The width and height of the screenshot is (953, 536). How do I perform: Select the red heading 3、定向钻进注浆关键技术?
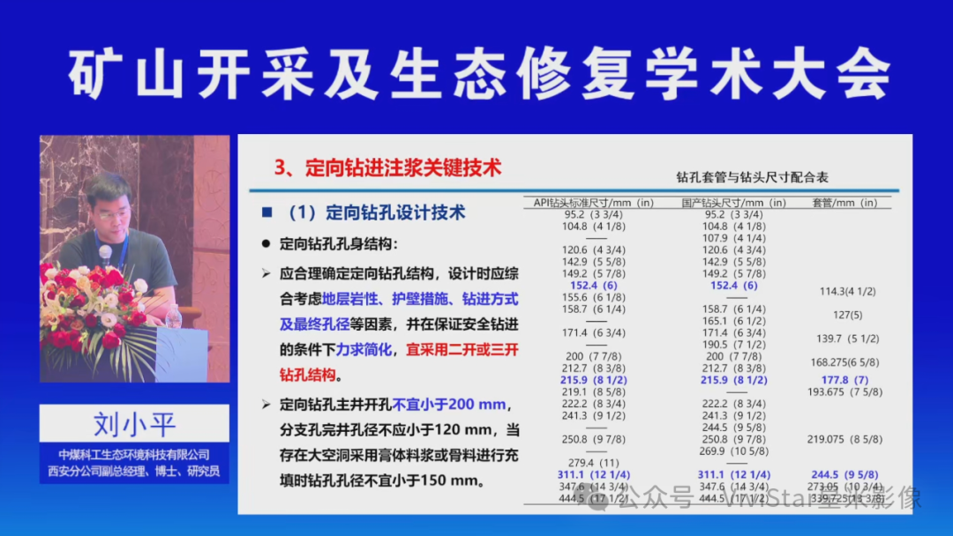coord(388,167)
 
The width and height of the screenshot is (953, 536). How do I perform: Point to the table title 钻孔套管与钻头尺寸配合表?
coord(752,177)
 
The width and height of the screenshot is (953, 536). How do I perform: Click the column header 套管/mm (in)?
coord(844,203)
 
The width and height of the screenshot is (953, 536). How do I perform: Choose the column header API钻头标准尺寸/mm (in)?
coord(594,203)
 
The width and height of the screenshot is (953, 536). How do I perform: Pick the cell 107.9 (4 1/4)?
coord(733,238)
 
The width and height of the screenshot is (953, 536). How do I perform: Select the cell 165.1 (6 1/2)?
coord(733,321)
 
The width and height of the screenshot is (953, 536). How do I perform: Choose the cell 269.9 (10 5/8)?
coord(733,450)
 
